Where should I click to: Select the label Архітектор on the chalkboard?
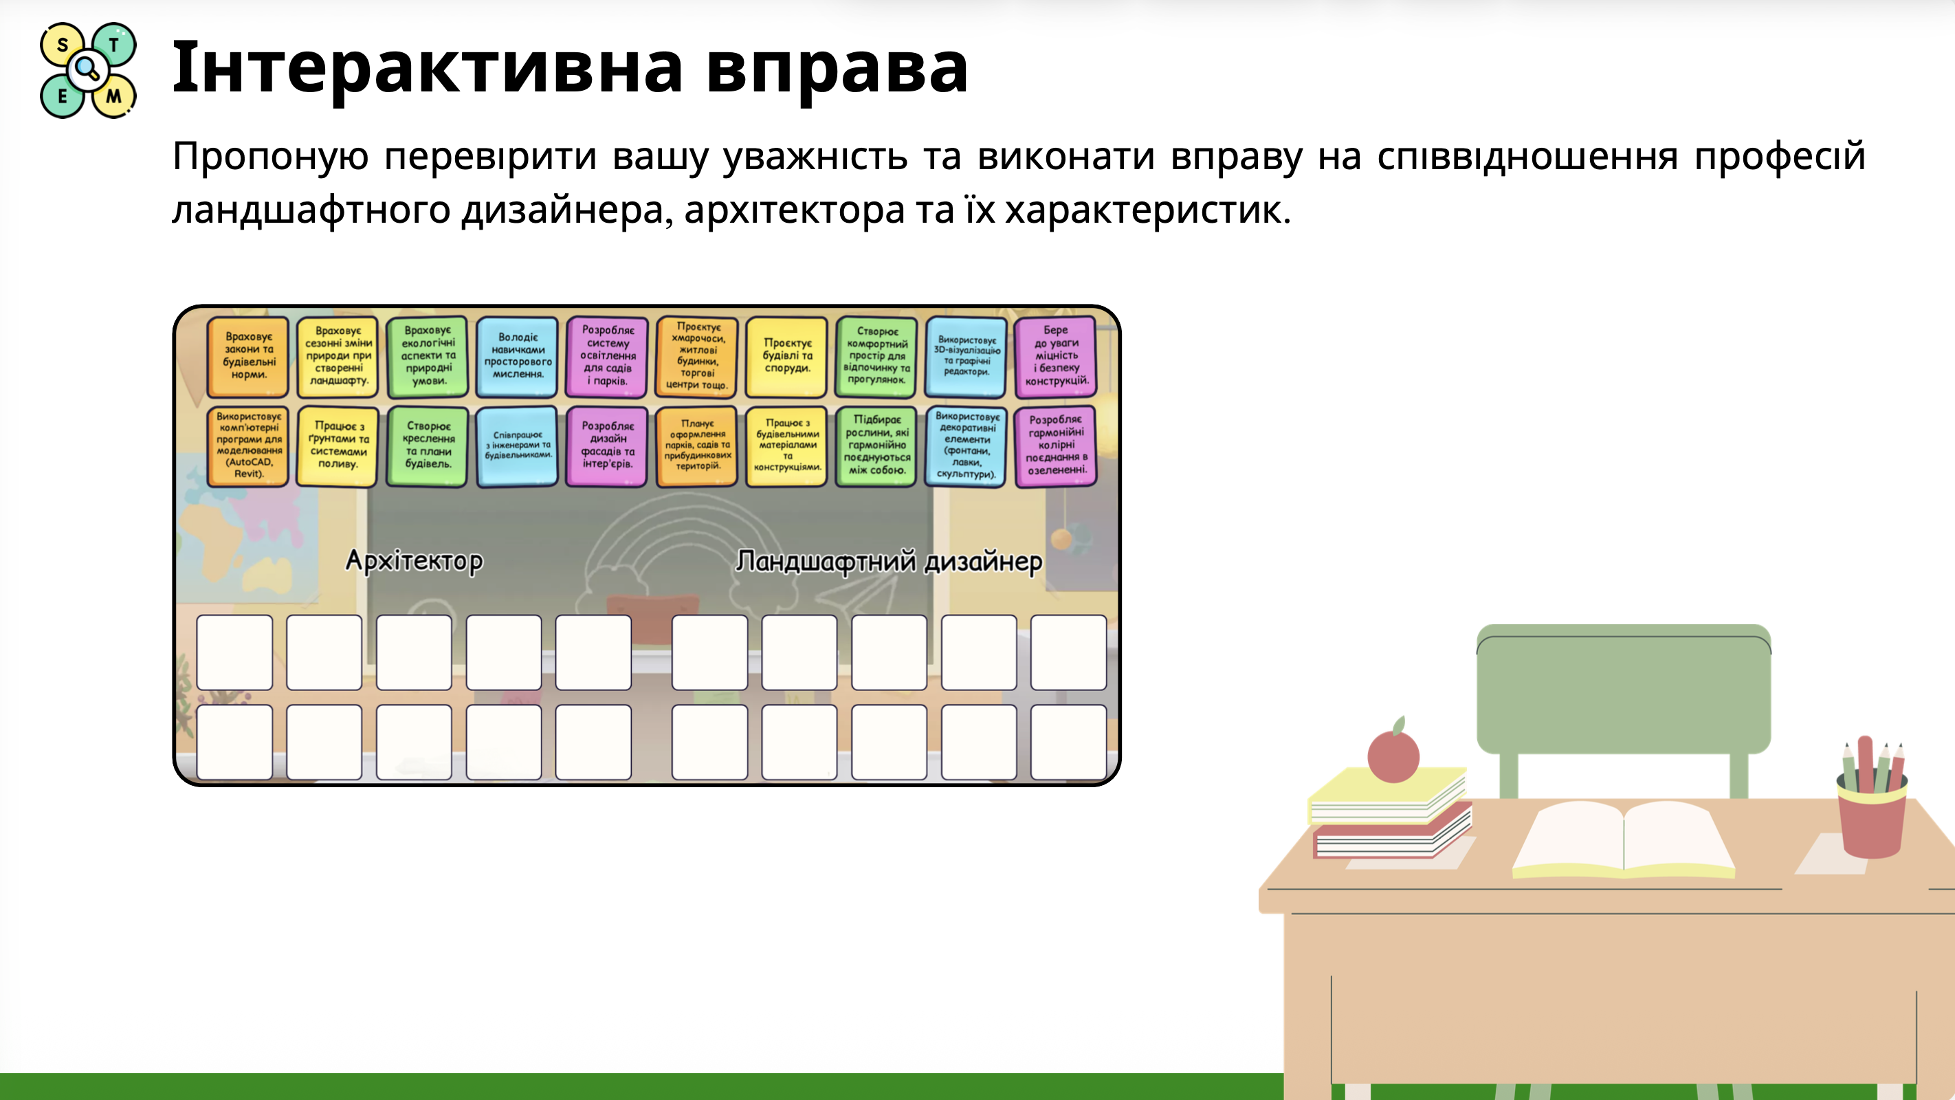coord(414,561)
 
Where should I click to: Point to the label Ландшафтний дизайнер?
coord(889,562)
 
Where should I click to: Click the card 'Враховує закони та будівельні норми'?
coord(248,356)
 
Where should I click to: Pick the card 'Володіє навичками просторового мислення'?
coord(518,356)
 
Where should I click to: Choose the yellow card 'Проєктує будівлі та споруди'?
coord(787,356)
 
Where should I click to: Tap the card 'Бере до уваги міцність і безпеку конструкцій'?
coord(1056,356)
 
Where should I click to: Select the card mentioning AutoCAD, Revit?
coord(248,445)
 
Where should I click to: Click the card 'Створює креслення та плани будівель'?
coord(428,445)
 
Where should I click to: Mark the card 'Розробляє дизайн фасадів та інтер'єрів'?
coord(607,445)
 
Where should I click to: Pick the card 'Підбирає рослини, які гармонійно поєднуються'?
coord(876,445)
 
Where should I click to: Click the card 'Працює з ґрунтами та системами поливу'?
coord(338,445)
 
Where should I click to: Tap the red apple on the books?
coord(1393,755)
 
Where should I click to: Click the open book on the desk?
coord(1624,839)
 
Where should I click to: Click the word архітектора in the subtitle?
coord(794,210)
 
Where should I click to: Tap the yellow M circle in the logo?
coord(114,96)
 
